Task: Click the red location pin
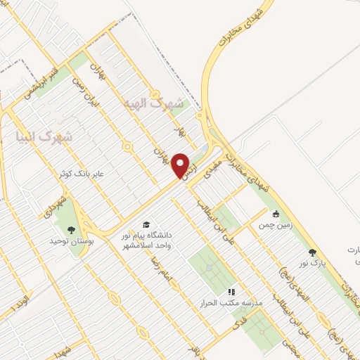tap(181, 165)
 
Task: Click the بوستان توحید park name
tap(71, 240)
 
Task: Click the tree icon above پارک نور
tap(312, 252)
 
